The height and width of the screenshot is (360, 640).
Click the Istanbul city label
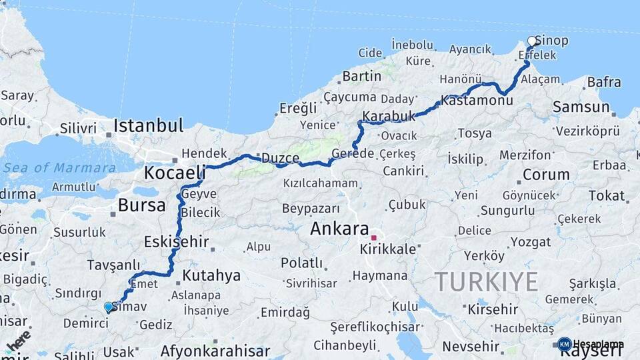[148, 125]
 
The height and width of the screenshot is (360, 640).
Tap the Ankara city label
[339, 229]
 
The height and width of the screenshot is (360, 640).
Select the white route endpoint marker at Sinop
[532, 41]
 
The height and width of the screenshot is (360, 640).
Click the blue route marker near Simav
[109, 307]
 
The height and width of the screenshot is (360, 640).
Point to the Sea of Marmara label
[59, 167]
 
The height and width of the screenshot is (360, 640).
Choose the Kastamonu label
[477, 101]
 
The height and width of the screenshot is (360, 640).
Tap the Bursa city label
[141, 205]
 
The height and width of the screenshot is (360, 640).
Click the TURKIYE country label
[486, 282]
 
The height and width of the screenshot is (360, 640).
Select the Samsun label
[581, 107]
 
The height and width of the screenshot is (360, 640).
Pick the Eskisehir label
[177, 241]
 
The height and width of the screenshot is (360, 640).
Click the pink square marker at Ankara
[374, 237]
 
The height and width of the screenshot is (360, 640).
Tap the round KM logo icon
[564, 344]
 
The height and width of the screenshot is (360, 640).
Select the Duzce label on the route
[280, 158]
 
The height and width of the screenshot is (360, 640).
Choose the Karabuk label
[388, 116]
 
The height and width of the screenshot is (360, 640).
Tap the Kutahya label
[211, 275]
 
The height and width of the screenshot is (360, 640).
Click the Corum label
[546, 175]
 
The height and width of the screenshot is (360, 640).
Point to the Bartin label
[361, 77]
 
